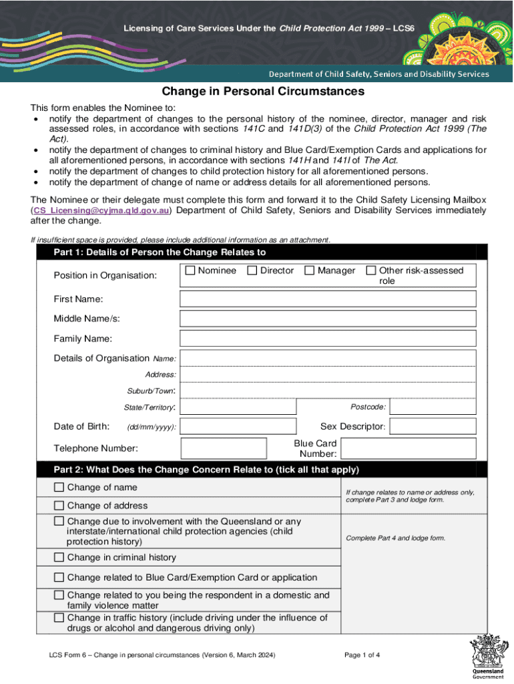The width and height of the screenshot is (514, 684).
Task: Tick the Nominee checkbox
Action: tap(190, 271)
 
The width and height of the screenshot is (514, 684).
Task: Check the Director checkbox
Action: tap(252, 271)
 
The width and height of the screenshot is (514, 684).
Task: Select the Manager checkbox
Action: tap(310, 271)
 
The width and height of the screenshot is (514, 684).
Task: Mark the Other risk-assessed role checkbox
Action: tap(370, 271)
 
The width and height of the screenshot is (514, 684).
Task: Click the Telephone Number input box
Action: tap(224, 448)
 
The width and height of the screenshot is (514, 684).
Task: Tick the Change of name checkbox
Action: tap(59, 488)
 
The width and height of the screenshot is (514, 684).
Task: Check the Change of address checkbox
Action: tap(59, 506)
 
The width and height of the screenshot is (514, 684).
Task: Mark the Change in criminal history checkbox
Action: tap(59, 557)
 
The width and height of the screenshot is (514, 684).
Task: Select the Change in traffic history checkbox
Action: tap(59, 617)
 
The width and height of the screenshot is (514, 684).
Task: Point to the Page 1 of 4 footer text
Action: tap(362, 655)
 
